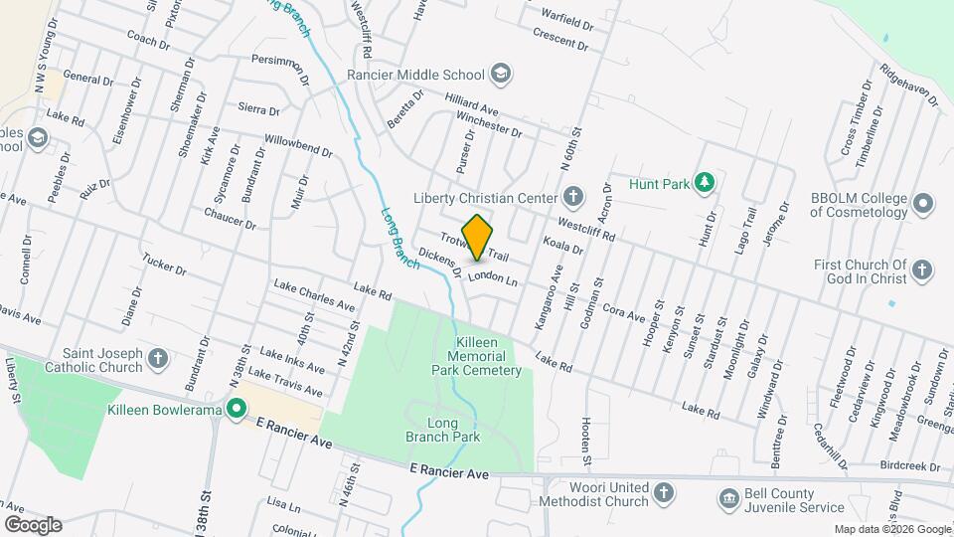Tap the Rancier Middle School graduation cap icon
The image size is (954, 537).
coord(502,74)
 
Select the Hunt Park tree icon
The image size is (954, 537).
coord(705,182)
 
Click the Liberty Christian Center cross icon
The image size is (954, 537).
coord(573,195)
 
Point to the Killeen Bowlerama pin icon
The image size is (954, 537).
coord(236,409)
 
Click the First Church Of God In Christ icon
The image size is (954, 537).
coord(922,270)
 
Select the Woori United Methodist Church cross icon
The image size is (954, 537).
coord(664,491)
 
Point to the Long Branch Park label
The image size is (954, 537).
coord(442,430)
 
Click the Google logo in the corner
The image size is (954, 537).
coord(32,524)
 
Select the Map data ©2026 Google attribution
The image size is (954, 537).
coord(892,529)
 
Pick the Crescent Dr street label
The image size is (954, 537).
coord(562,40)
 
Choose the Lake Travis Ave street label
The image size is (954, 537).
coord(285,383)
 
